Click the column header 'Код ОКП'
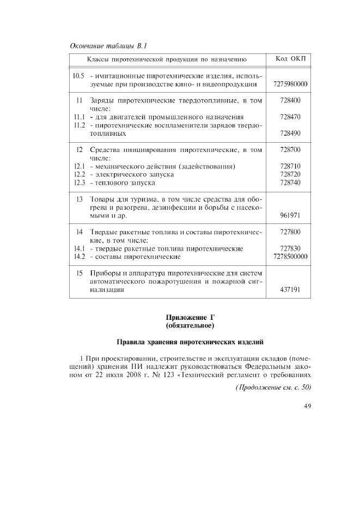tap(290, 59)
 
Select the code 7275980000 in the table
tap(290, 84)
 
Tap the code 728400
tap(290, 101)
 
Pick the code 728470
tap(290, 117)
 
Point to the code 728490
tap(290, 133)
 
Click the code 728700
tap(290, 149)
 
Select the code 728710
tap(290, 166)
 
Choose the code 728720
tap(290, 174)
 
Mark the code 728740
tap(290, 183)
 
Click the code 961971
tap(290, 215)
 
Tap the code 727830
tap(290, 248)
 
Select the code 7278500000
tap(290, 256)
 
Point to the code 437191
tap(290, 290)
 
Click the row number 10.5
tap(79, 76)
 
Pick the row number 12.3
tap(79, 183)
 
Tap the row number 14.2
tap(79, 256)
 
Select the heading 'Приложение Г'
tap(190, 318)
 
